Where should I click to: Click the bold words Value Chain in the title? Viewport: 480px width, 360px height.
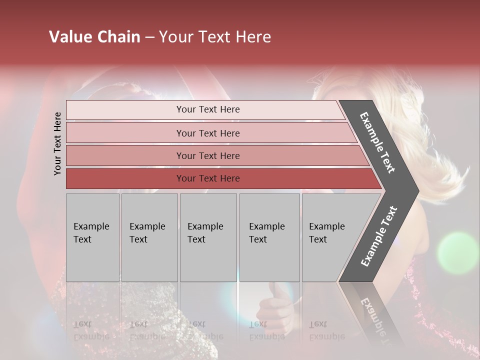(x=94, y=37)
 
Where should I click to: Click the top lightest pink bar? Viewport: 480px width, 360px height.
(x=125, y=110)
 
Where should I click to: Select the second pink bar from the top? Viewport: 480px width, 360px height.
(x=125, y=133)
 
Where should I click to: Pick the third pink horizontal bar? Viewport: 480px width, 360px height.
(x=125, y=155)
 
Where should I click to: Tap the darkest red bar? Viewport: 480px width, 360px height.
(x=125, y=178)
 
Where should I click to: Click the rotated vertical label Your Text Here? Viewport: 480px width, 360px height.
(x=57, y=143)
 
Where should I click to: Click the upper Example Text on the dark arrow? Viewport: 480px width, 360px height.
(x=377, y=142)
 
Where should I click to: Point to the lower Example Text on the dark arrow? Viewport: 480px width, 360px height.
(x=379, y=236)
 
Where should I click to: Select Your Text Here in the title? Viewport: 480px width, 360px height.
(x=215, y=37)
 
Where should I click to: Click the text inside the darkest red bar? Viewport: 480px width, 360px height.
(x=208, y=178)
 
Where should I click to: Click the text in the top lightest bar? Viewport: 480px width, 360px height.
(x=208, y=109)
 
